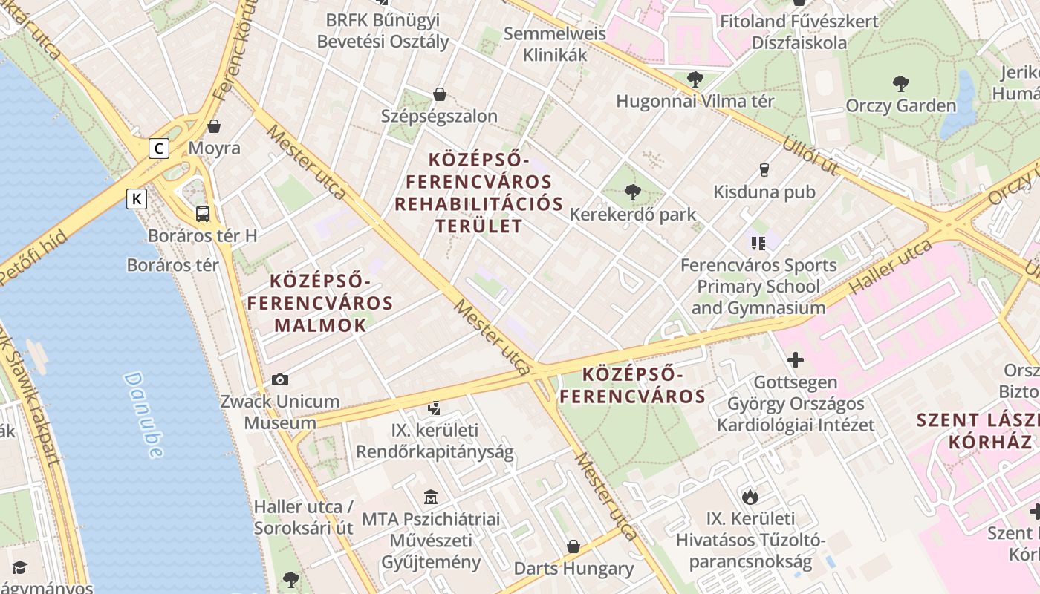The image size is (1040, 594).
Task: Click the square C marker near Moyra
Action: [158, 148]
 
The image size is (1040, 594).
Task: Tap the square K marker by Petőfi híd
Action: [136, 199]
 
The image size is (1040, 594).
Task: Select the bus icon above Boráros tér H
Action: [203, 214]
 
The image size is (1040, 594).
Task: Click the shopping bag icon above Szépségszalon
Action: [440, 94]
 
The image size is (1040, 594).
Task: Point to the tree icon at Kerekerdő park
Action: [633, 192]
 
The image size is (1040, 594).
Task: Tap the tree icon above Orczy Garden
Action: [901, 82]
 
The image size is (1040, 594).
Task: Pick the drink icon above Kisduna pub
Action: [764, 169]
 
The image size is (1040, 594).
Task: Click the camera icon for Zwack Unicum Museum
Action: [280, 379]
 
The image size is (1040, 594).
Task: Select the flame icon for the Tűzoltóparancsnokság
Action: [750, 496]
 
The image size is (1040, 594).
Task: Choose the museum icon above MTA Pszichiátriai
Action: [431, 497]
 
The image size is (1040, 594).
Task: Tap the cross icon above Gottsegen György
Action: [796, 361]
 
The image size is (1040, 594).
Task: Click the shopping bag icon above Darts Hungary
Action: [573, 546]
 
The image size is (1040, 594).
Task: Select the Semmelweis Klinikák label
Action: [555, 44]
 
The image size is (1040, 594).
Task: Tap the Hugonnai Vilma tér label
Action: [695, 101]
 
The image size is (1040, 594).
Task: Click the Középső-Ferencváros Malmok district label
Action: [320, 303]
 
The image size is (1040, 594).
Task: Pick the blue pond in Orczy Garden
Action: [958, 108]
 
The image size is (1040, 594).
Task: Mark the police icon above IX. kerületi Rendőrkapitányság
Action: [435, 408]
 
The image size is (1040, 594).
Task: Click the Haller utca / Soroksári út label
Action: [304, 518]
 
